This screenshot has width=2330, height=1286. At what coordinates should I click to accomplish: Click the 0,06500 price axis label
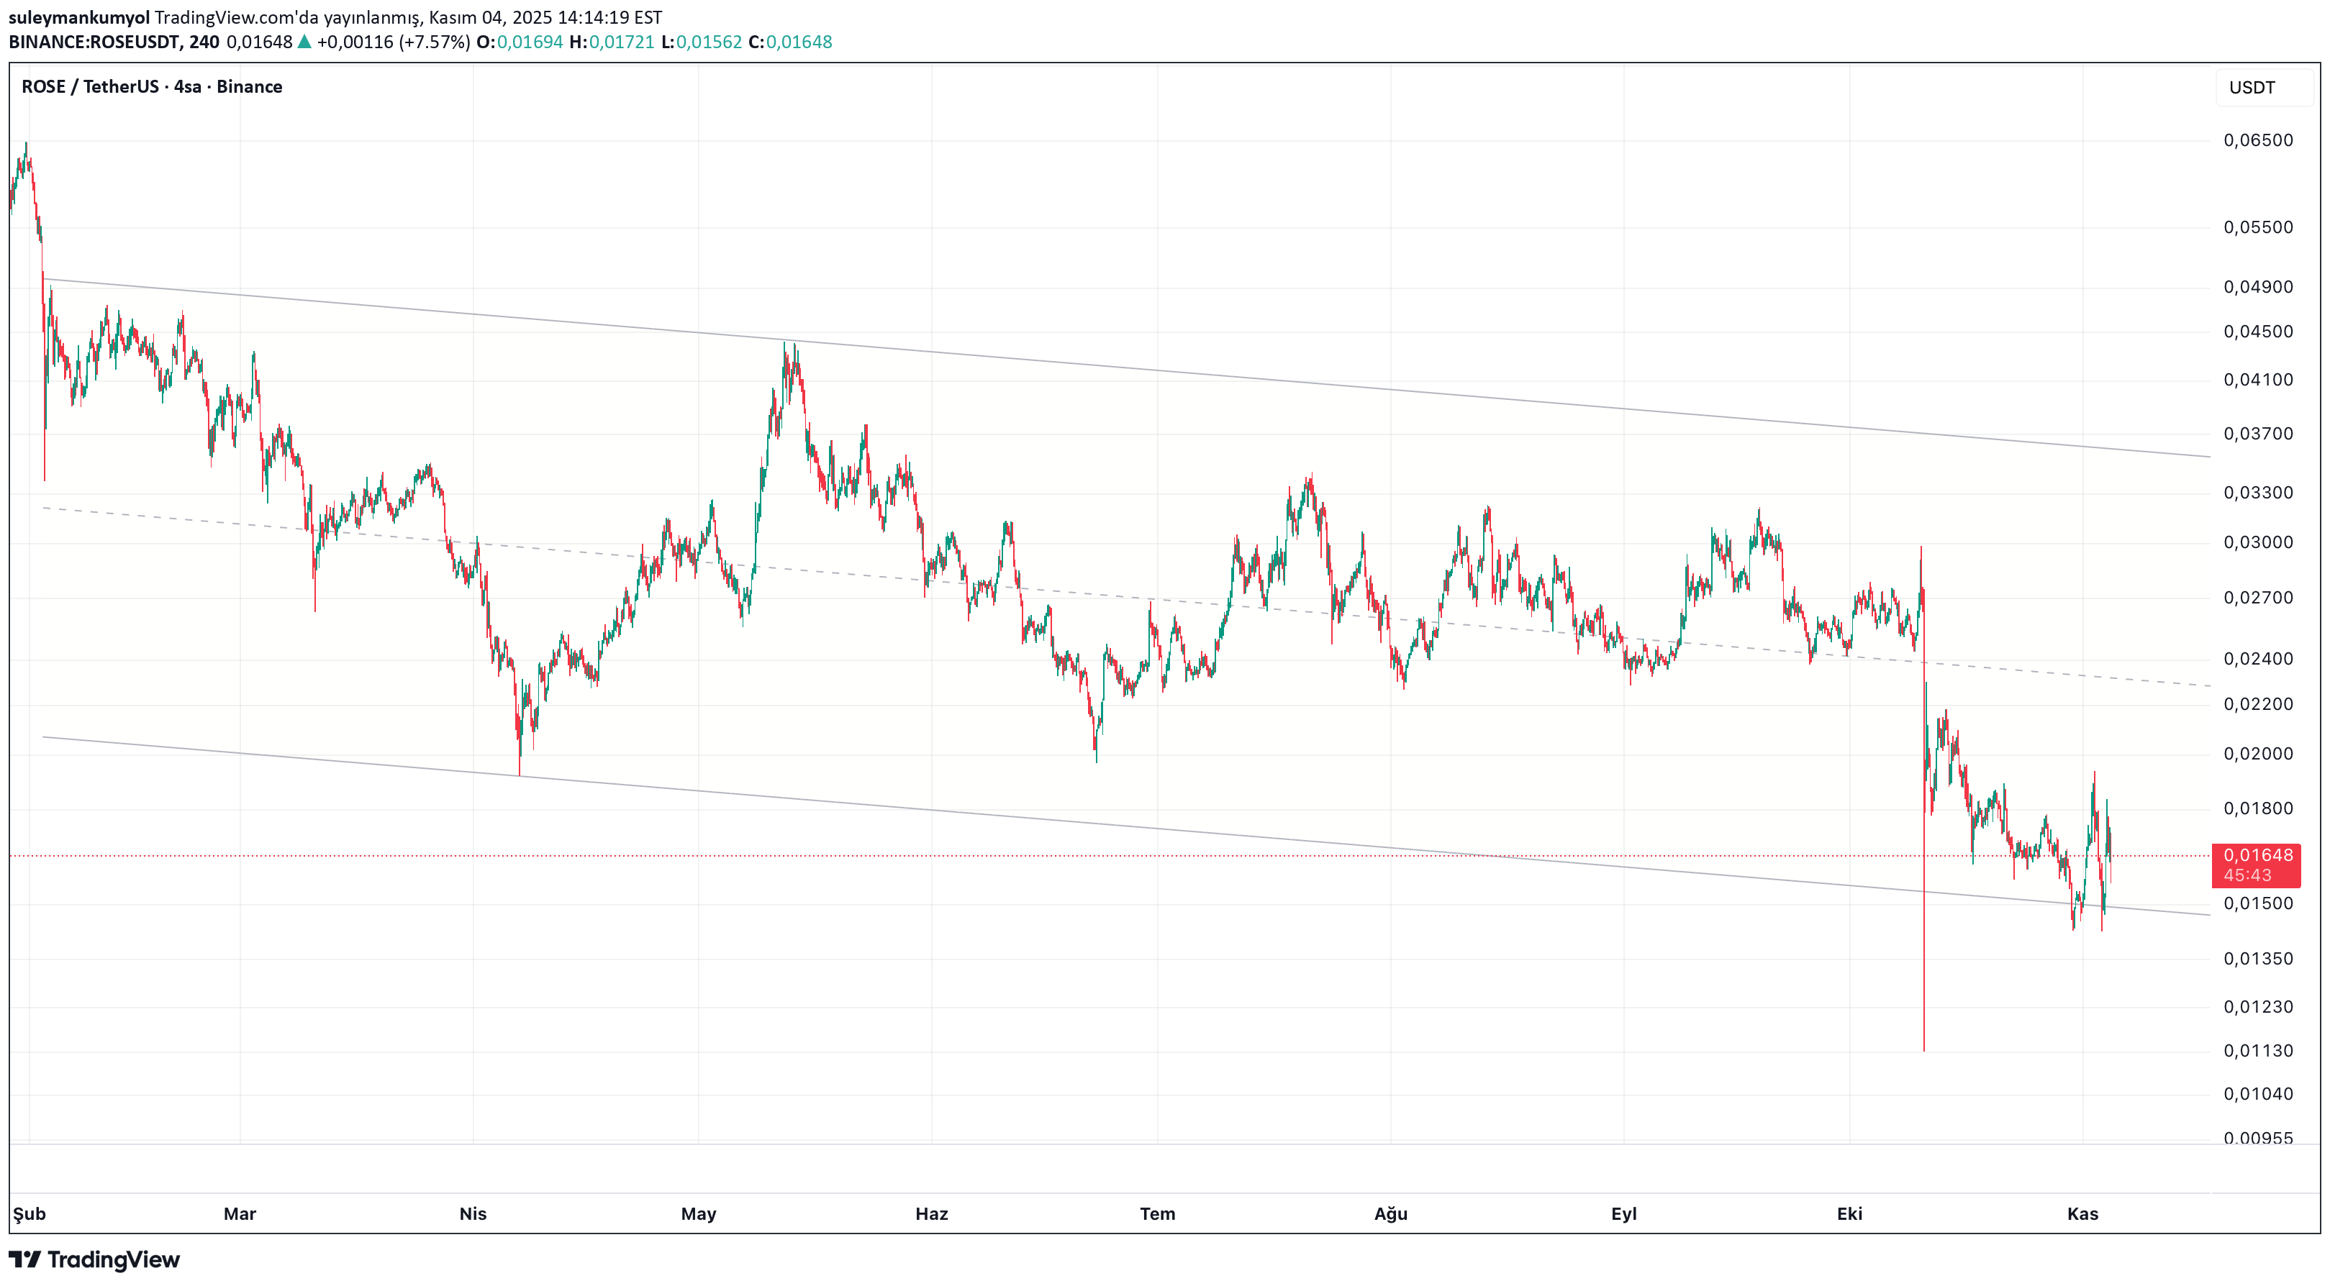(x=2257, y=140)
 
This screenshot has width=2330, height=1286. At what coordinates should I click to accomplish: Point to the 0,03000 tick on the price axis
(x=2257, y=542)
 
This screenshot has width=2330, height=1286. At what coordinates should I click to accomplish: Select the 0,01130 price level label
(x=2257, y=1051)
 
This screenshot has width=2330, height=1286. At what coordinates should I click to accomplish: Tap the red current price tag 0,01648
(x=2256, y=855)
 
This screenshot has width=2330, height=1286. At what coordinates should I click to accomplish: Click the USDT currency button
(x=2252, y=88)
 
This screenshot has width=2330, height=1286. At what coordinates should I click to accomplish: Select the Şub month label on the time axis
(x=29, y=1213)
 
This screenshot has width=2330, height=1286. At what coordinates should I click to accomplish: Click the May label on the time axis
(x=698, y=1213)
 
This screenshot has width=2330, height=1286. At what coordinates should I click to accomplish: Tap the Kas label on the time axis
(x=2082, y=1213)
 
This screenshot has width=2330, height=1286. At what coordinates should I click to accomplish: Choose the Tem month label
(x=1157, y=1213)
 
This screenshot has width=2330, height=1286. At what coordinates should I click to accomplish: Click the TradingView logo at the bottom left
(x=95, y=1260)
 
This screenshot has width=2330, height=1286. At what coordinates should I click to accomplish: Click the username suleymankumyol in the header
(x=78, y=17)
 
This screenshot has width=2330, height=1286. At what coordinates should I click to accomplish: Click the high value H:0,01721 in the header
(x=612, y=42)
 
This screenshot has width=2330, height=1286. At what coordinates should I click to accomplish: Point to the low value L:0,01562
(x=701, y=42)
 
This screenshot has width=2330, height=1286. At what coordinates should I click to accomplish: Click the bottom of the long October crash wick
(x=1924, y=1049)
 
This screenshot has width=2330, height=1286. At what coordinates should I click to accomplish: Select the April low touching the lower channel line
(x=520, y=773)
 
